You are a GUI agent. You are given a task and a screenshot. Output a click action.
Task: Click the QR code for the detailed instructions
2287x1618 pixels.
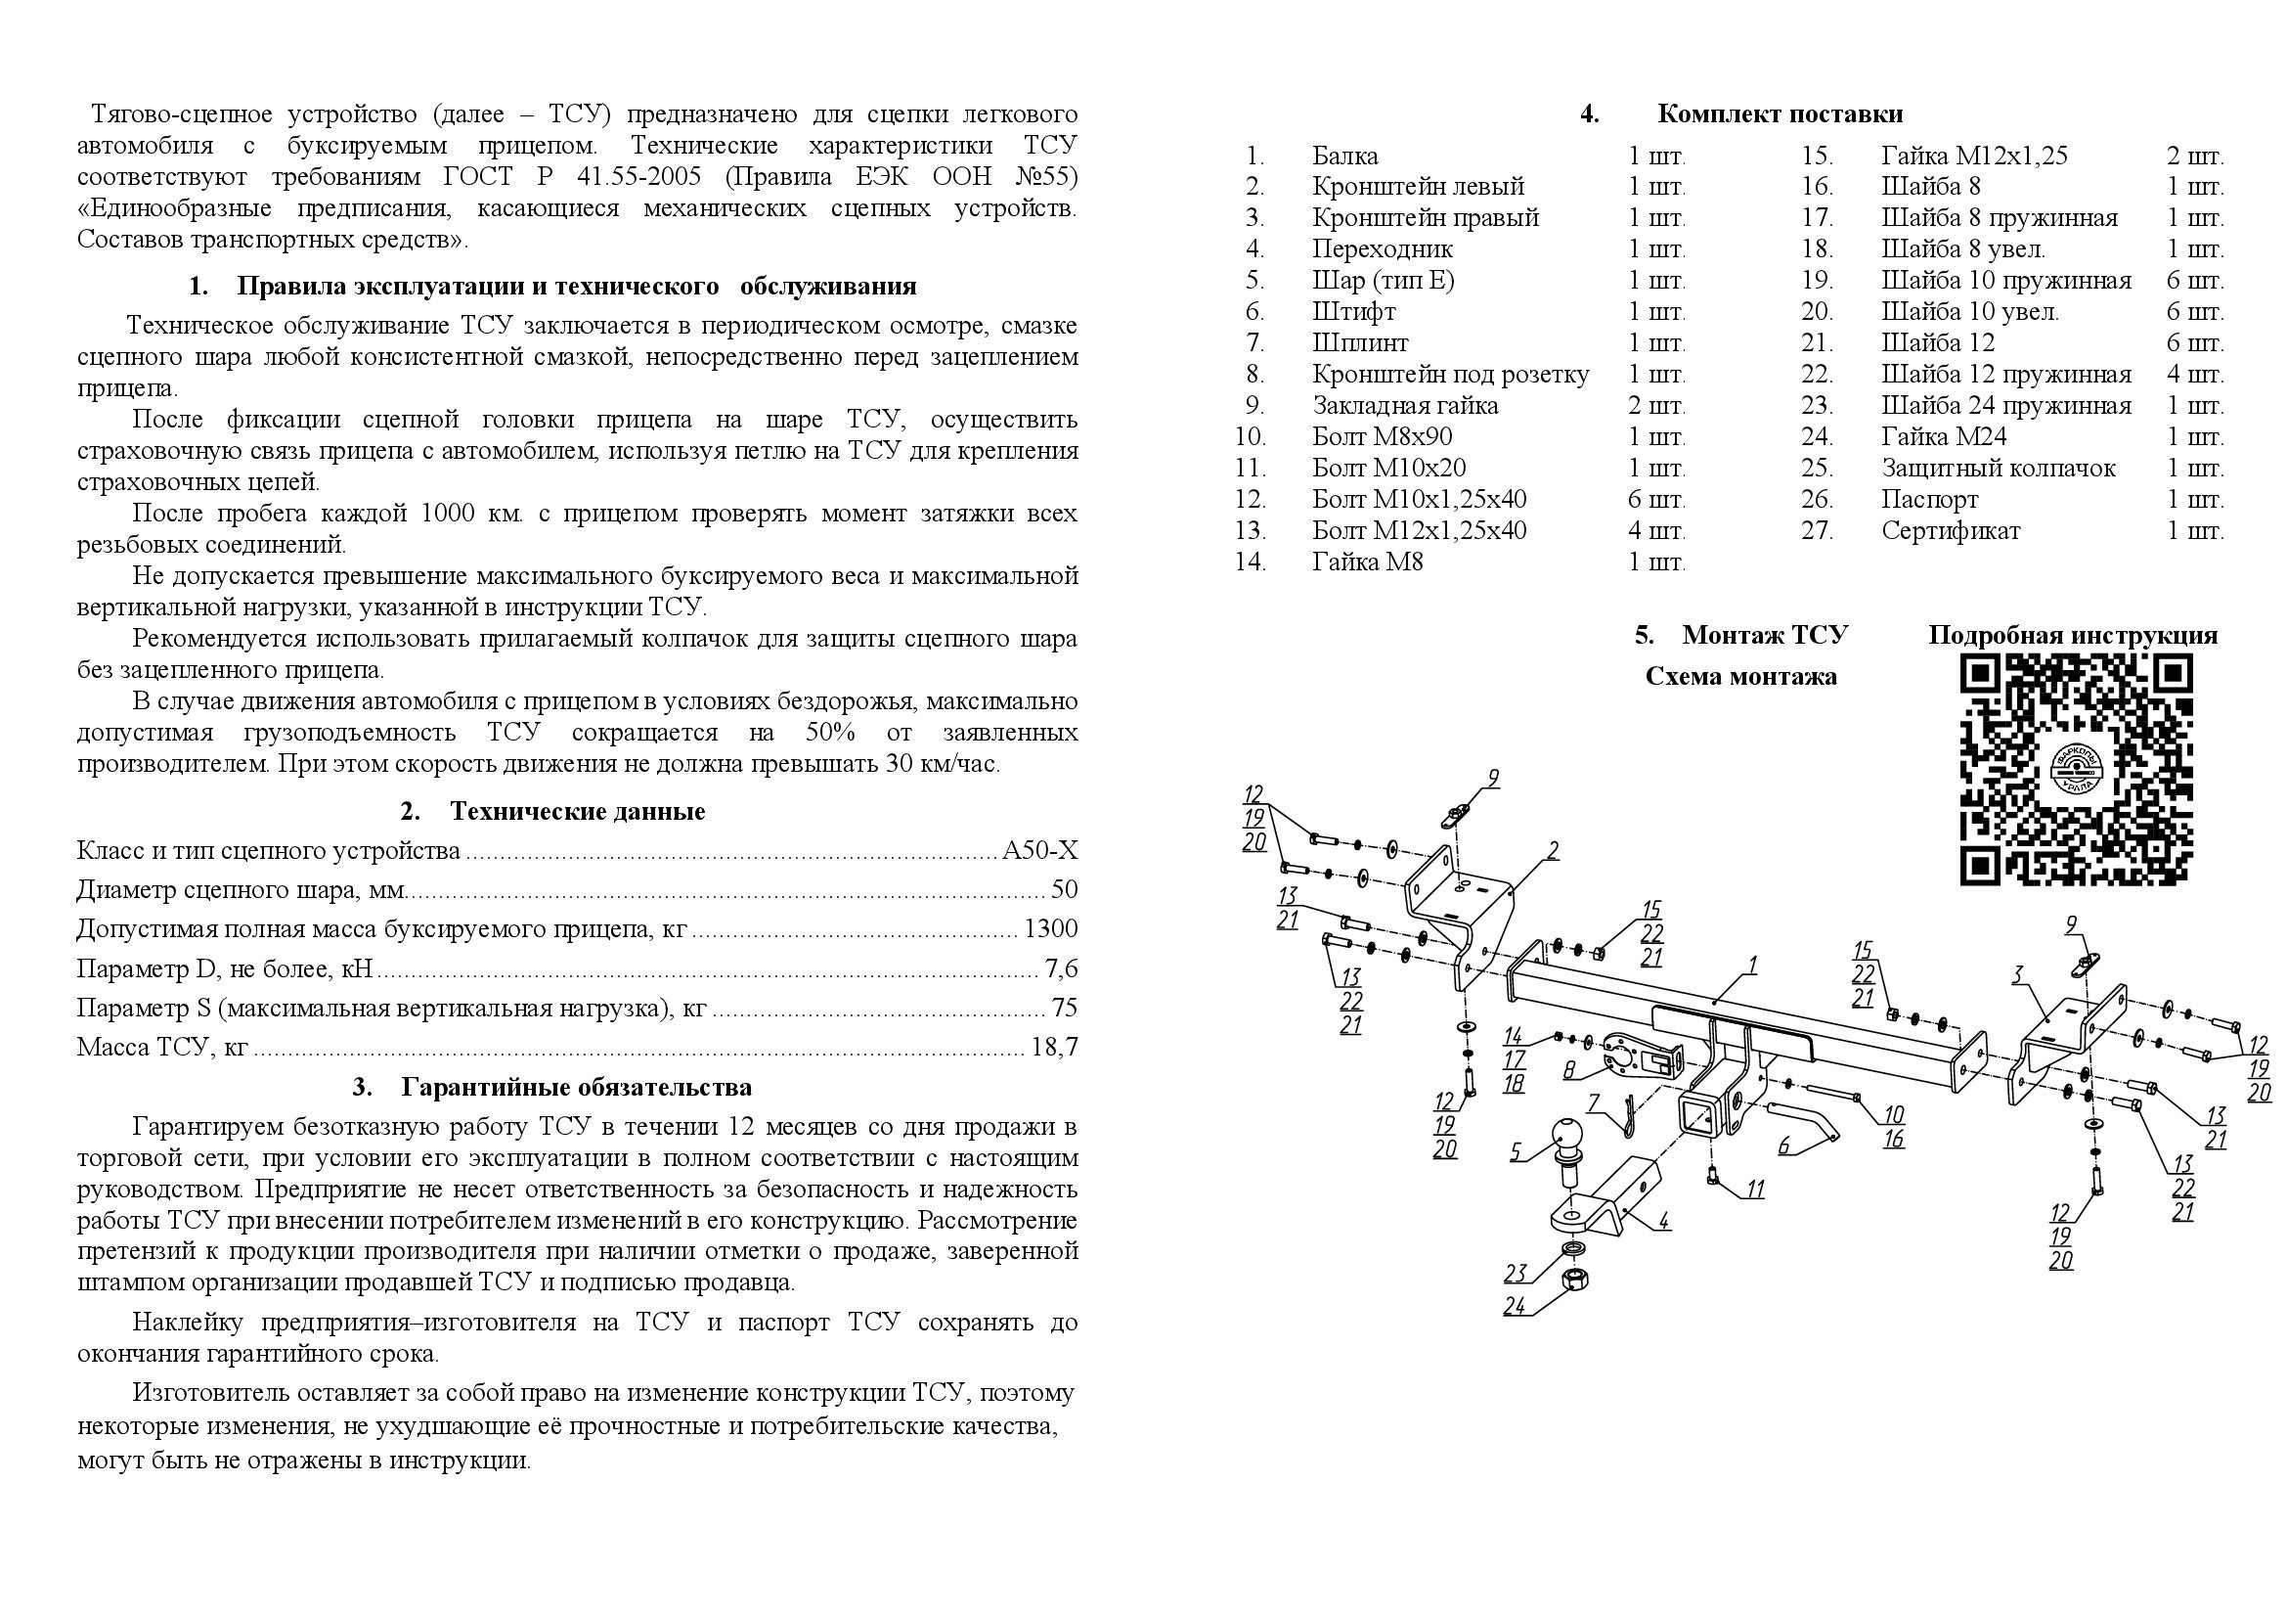coord(2076,769)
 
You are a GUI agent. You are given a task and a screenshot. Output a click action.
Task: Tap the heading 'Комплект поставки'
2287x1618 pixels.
coord(1779,113)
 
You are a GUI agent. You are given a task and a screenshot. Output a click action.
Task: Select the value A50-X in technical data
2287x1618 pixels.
coord(1039,850)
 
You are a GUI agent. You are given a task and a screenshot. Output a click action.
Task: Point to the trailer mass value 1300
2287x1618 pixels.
coord(1050,928)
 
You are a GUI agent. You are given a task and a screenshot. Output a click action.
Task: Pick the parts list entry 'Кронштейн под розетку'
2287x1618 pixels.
coord(1450,375)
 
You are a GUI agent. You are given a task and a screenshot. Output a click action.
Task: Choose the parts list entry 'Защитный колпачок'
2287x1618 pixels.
coord(1998,469)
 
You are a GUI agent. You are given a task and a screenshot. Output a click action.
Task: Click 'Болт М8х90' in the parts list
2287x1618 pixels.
coord(1382,436)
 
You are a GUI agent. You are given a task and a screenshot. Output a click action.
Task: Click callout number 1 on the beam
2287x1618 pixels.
coord(1752,966)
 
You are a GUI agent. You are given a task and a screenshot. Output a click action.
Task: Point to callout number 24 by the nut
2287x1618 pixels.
coord(1514,1305)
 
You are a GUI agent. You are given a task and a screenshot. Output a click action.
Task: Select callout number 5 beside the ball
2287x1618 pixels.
coord(1517,1151)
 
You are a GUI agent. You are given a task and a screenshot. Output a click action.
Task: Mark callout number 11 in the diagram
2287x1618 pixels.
coord(1754,1190)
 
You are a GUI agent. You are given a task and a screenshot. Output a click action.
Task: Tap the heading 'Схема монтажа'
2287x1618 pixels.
coord(1740,677)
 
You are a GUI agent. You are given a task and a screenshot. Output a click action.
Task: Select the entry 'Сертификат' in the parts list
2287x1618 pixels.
coord(1951,531)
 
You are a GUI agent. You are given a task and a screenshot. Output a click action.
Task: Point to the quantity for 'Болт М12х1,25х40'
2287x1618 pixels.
coord(1656,531)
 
